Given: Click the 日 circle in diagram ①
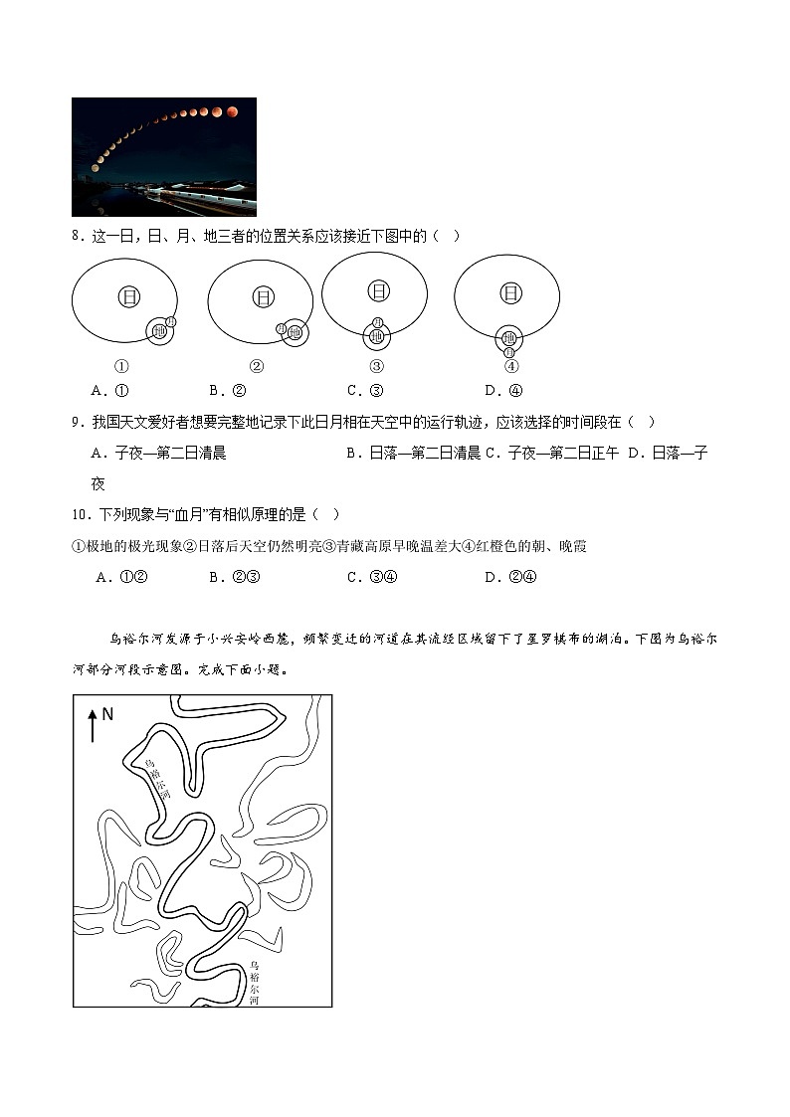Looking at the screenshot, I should click(129, 296).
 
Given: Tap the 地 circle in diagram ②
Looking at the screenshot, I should click(295, 333).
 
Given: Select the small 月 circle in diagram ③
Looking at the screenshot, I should click(376, 322).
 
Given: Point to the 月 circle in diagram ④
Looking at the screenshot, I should click(509, 353).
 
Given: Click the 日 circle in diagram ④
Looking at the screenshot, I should click(510, 292).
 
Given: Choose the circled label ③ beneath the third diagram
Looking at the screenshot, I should click(376, 365).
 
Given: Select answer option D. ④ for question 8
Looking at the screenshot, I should click(503, 390).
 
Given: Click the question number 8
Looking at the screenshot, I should click(77, 236).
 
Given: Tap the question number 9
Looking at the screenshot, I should click(77, 422).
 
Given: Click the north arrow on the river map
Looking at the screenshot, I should click(93, 724).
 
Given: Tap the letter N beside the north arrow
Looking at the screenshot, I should click(108, 714).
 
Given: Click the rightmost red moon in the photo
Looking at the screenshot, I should click(233, 111).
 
